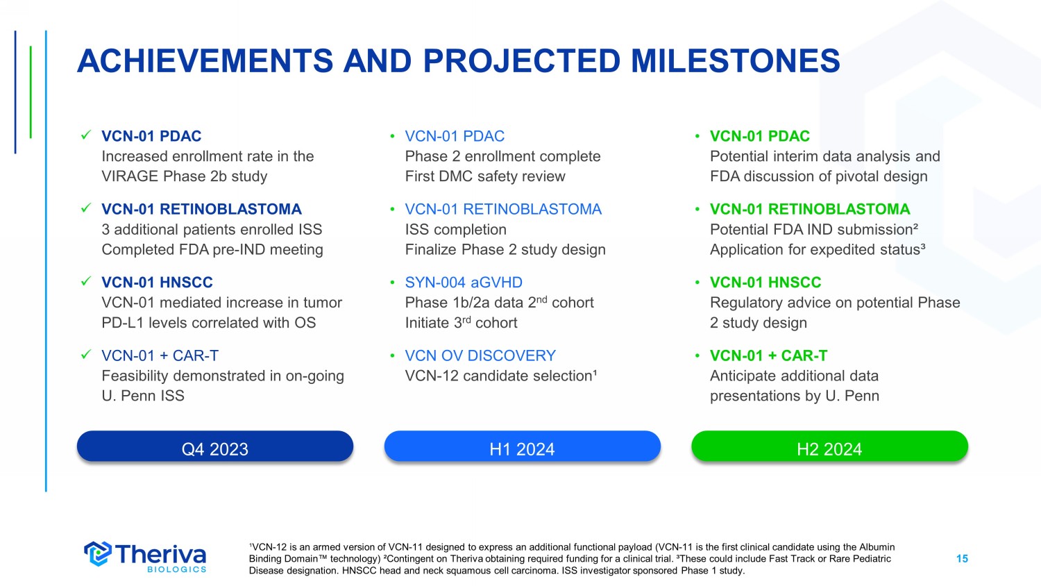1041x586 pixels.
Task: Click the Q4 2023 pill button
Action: [215, 446]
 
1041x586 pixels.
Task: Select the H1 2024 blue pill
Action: [523, 446]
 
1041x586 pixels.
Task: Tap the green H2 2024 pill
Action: [829, 446]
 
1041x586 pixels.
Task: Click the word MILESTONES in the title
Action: [735, 61]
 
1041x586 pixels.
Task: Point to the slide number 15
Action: [962, 558]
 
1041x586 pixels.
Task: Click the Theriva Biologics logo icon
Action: [98, 554]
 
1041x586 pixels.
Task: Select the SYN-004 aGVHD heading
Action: [464, 283]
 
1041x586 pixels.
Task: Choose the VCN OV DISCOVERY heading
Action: [480, 355]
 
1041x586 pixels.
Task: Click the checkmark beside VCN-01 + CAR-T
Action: [86, 355]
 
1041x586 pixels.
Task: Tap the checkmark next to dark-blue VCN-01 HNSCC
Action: [86, 281]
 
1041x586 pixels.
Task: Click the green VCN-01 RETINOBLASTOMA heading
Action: [810, 209]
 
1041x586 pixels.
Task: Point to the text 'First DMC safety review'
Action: [485, 176]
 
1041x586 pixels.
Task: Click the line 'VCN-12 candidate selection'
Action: [501, 376]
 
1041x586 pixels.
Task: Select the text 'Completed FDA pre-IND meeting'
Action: [212, 250]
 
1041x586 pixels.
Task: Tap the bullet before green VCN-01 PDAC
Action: [697, 136]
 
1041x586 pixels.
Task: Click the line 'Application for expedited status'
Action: [818, 250]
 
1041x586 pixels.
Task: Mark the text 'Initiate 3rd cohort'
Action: [461, 322]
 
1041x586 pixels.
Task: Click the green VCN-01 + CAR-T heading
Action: [769, 355]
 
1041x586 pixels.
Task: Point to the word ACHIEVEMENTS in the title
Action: [205, 61]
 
